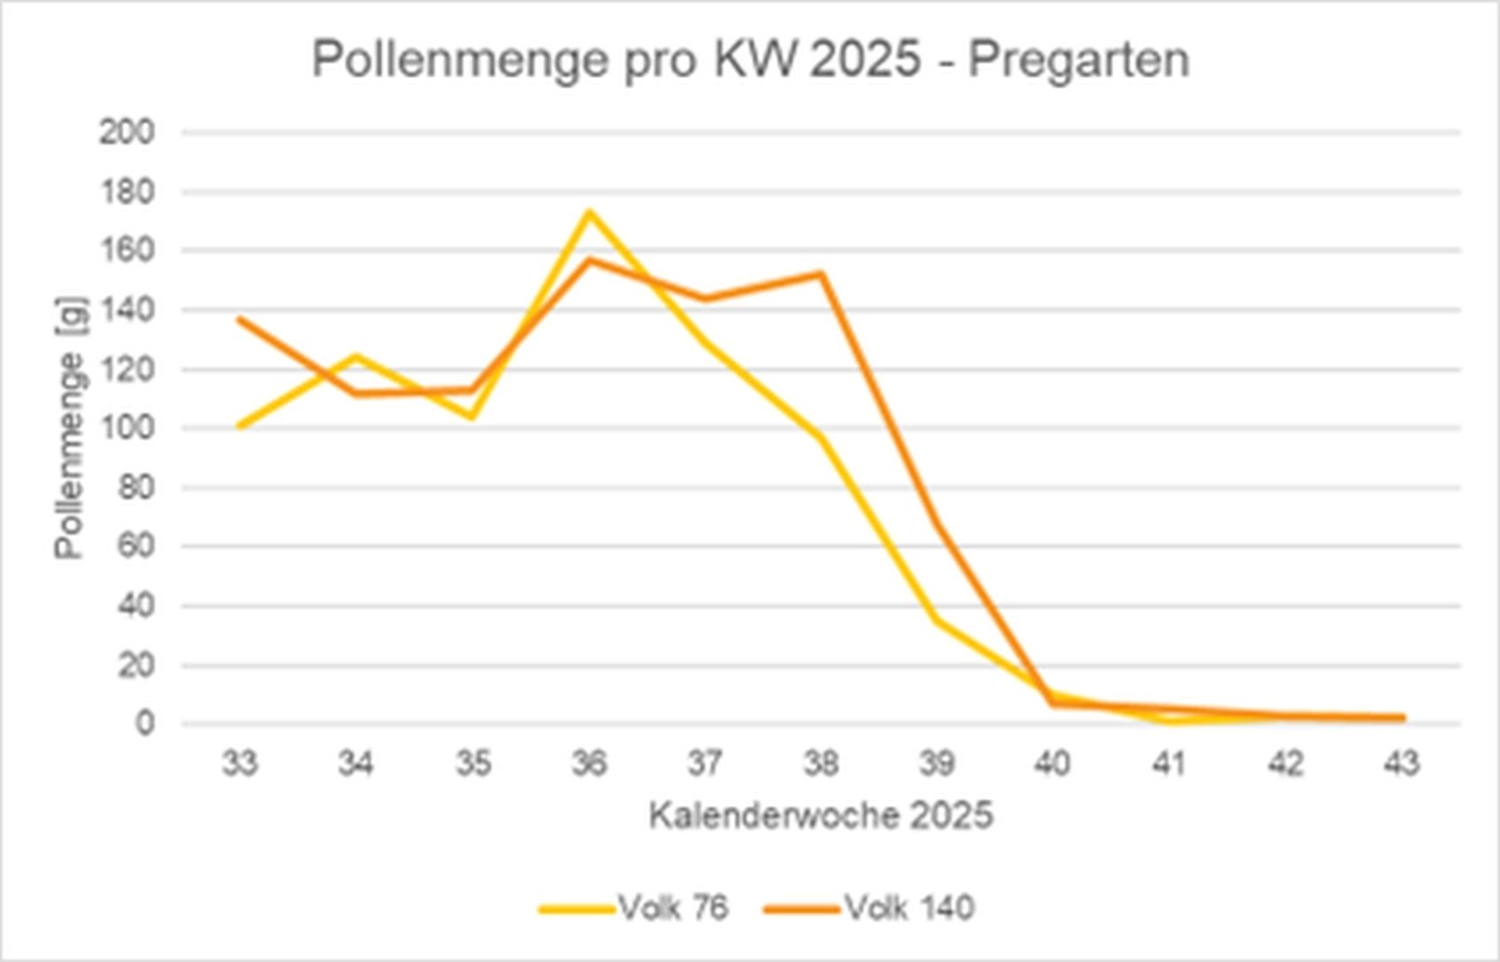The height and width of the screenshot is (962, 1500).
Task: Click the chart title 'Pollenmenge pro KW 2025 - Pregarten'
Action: coord(750,60)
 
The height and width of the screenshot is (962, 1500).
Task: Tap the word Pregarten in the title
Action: coord(1078,60)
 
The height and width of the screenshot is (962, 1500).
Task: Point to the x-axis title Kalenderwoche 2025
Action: coord(821,815)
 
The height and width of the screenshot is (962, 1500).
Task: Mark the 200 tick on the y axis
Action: coord(126,133)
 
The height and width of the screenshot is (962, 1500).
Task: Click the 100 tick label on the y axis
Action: coord(126,429)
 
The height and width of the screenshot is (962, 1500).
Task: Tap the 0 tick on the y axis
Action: coord(144,723)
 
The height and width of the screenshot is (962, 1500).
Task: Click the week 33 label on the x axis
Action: coord(240,762)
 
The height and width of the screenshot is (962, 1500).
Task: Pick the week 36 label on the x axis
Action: coord(588,762)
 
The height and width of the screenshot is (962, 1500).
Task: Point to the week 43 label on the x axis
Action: coord(1401,762)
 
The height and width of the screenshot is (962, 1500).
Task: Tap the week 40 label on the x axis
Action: coord(1052,762)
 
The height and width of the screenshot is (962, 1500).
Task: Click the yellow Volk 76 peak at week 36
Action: coord(588,212)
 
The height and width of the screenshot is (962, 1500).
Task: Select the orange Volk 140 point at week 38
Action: coord(821,274)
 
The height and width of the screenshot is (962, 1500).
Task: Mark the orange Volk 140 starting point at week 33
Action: coord(240,319)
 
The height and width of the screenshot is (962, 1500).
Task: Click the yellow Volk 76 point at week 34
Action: coord(356,356)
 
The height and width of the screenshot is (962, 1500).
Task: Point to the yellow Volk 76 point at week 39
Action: coord(937,621)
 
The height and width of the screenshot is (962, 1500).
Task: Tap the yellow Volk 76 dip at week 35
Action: coord(472,416)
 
